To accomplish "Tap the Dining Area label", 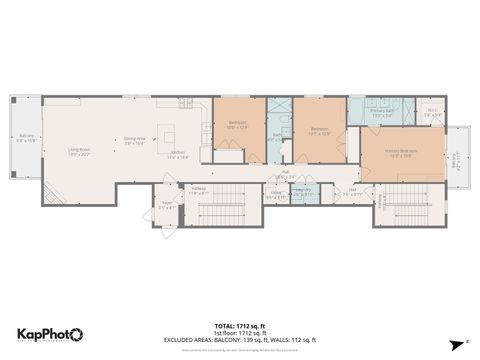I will click(x=135, y=141).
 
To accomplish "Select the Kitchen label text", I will click(x=178, y=155).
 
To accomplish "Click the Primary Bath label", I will click(x=383, y=113).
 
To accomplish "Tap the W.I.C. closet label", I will click(x=431, y=114).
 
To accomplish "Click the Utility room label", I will click(x=277, y=196).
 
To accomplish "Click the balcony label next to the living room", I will click(x=27, y=138).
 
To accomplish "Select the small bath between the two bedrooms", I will click(x=276, y=139).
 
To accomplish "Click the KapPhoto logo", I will click(x=50, y=334).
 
